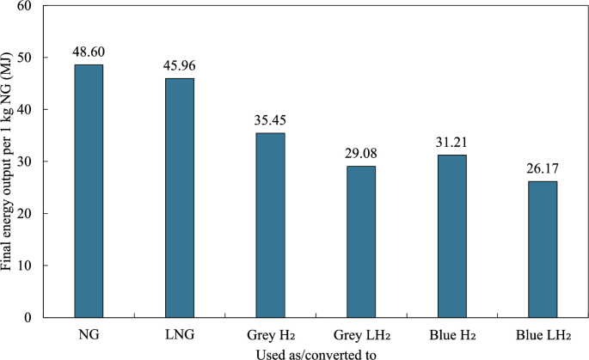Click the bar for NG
(89, 191)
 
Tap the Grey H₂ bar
(270, 225)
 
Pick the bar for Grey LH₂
(361, 241)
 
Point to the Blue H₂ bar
(451, 236)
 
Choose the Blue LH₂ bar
(543, 249)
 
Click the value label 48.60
(89, 51)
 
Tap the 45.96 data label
(180, 65)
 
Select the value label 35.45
(270, 119)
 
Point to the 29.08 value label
(361, 153)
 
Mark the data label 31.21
(451, 142)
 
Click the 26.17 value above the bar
(543, 168)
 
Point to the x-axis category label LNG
(180, 333)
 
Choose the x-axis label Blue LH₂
(543, 333)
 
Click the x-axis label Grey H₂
(270, 333)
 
